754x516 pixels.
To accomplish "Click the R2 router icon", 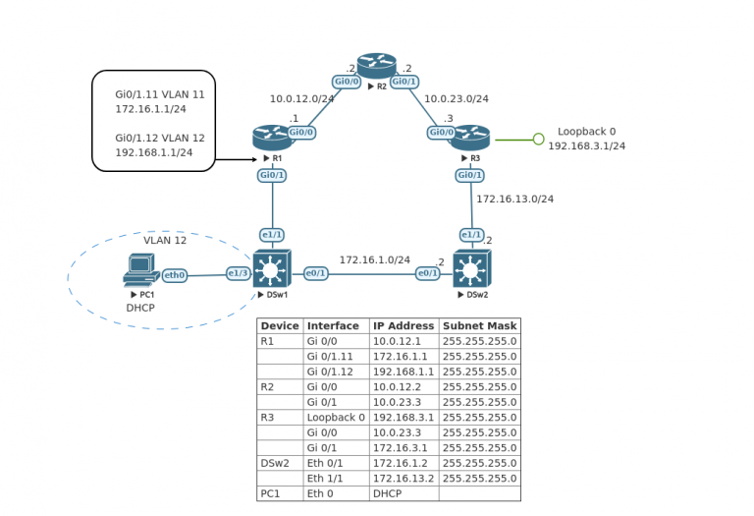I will [x=376, y=65].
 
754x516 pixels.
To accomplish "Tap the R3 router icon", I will [x=470, y=138].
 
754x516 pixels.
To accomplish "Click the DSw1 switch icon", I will [x=271, y=268].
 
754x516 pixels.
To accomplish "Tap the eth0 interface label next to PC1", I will [x=175, y=275].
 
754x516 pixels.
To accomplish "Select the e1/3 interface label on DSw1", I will [x=238, y=273].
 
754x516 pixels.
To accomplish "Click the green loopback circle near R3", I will [x=538, y=140].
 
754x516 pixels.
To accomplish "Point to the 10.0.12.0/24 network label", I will [x=302, y=98].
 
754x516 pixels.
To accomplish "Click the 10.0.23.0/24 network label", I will [x=456, y=98].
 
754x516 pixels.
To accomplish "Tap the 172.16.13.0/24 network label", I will [x=514, y=199].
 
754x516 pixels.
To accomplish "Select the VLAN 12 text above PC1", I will [x=165, y=240].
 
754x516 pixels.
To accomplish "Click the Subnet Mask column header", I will [x=479, y=326].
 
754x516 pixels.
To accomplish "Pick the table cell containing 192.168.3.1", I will [x=403, y=417].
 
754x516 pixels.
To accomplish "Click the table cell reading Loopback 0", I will [x=336, y=417].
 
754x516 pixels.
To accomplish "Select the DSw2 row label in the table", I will [x=275, y=463].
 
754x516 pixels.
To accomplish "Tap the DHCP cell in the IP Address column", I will [x=387, y=493].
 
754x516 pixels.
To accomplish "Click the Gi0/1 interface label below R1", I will [x=272, y=175].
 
